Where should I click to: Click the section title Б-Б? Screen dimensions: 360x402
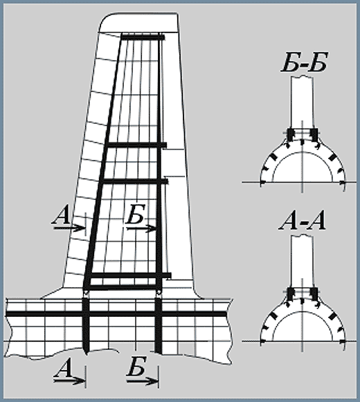pos(305,63)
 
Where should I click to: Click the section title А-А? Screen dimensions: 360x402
pos(303,221)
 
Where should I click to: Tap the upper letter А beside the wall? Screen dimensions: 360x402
pos(61,216)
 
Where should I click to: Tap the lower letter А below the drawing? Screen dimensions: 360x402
pos(62,368)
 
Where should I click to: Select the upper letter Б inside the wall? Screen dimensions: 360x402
pos(136,214)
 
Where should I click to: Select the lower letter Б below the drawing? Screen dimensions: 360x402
pos(136,366)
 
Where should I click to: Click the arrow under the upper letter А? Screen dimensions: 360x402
pos(69,228)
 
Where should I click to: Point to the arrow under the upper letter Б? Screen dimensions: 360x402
pos(141,228)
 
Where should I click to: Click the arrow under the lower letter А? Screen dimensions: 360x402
pos(69,381)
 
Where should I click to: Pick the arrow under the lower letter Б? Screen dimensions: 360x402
pos(143,381)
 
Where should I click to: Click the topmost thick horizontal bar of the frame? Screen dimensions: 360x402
pos(143,37)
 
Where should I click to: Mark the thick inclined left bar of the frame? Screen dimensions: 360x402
pos(104,161)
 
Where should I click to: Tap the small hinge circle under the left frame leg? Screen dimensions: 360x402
pos(86,293)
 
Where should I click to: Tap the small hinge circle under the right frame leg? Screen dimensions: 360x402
pos(159,293)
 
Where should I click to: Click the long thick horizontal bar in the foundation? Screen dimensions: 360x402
pos(116,314)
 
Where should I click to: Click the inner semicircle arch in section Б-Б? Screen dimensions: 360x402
pos(303,154)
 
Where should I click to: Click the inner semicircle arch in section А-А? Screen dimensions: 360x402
pos(303,313)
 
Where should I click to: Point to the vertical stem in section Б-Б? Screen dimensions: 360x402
pos(303,102)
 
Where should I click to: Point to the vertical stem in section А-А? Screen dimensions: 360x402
pos(303,262)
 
